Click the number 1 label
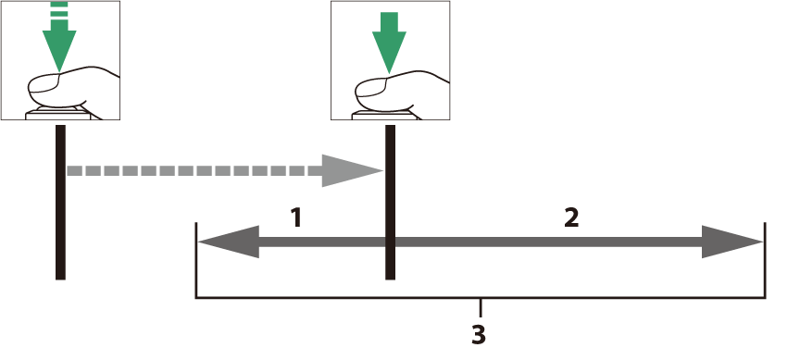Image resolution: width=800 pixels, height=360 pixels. [x=296, y=217]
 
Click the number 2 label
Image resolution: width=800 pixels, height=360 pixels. [x=571, y=217]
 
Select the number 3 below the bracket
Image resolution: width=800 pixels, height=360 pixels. [x=478, y=335]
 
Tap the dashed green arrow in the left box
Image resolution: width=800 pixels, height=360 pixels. [x=59, y=37]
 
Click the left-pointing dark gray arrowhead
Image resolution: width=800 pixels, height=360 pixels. [x=229, y=242]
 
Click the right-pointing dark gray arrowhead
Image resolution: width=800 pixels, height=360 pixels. [x=732, y=242]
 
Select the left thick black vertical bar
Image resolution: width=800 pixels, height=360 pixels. [x=60, y=202]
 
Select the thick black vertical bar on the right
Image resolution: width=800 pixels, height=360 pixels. [x=391, y=202]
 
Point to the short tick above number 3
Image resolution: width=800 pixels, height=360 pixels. [x=481, y=307]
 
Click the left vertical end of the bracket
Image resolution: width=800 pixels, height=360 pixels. [x=196, y=260]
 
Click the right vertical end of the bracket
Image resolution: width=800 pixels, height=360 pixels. [x=764, y=260]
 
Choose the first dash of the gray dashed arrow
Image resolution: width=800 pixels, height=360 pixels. [x=74, y=171]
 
